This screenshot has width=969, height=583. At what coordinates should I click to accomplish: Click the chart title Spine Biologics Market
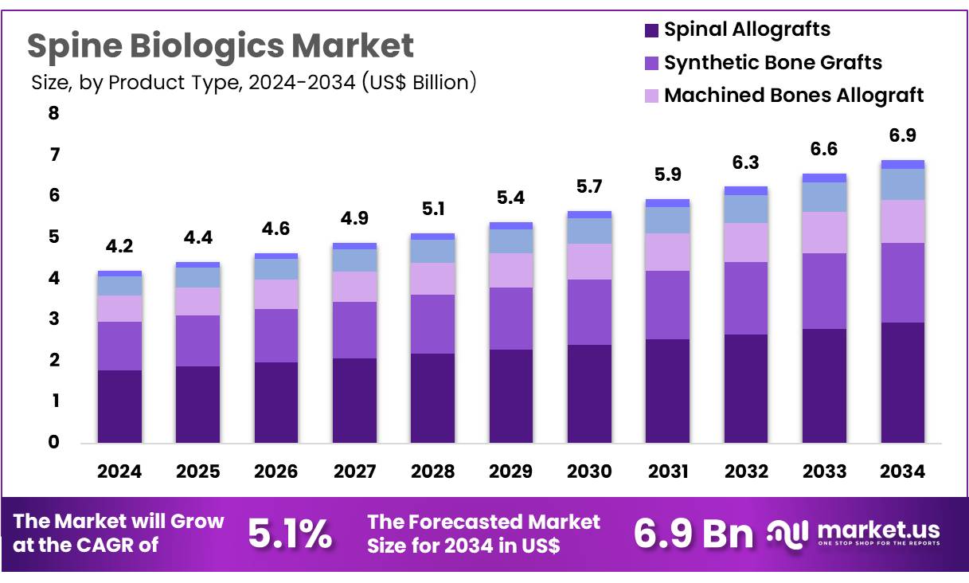point(221,46)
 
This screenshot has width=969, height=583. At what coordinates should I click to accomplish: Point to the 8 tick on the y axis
point(53,113)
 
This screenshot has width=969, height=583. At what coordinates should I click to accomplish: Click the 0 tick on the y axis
point(53,443)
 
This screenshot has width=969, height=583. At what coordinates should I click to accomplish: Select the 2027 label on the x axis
point(354,471)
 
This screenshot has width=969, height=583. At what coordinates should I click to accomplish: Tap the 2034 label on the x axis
point(902,471)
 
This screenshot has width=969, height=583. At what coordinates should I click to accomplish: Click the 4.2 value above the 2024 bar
point(119,247)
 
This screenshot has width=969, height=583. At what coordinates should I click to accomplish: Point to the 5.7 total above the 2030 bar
point(589,187)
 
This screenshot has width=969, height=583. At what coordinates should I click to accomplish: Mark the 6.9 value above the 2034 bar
point(902,135)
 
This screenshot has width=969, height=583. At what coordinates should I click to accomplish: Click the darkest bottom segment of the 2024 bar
point(119,406)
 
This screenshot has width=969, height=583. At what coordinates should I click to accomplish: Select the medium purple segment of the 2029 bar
point(510,318)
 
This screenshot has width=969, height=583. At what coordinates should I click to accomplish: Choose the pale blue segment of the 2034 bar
point(902,184)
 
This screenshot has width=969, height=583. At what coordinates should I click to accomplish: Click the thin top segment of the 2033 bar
point(824,178)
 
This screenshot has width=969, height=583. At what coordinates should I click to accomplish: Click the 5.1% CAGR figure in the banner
point(290,534)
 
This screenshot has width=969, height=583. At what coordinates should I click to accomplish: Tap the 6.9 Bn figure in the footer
point(693,534)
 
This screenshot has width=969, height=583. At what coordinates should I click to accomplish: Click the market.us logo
point(854,533)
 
